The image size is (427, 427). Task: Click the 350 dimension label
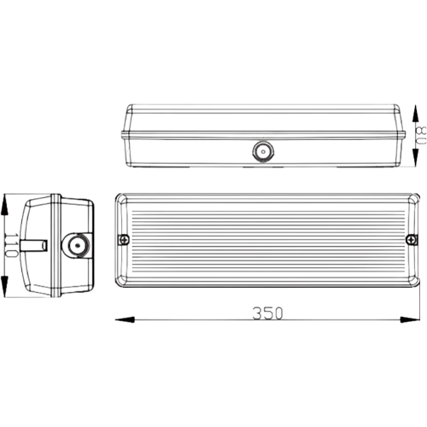pyautogui.click(x=267, y=313)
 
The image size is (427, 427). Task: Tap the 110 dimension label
pyautogui.click(x=12, y=245)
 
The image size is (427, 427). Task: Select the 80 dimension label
pyautogui.click(x=421, y=135)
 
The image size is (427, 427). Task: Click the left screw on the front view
pyautogui.click(x=124, y=240)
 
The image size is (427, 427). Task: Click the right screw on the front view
pyautogui.click(x=411, y=239)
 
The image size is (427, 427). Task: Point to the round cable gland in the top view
pyautogui.click(x=263, y=151)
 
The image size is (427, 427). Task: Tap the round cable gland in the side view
pyautogui.click(x=77, y=245)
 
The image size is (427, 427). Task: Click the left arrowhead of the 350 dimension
pyautogui.click(x=125, y=319)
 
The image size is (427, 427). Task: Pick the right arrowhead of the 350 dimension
pyautogui.click(x=410, y=319)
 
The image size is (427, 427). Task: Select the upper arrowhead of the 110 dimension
pyautogui.click(x=4, y=204)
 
